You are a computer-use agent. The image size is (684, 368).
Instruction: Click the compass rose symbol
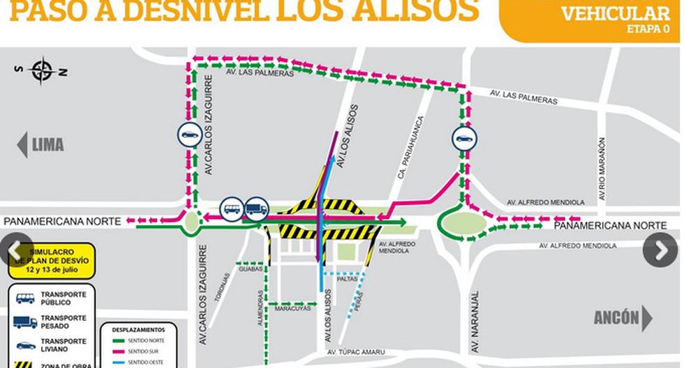(x=43, y=70)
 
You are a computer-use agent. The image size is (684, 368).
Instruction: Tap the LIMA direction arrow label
(x=41, y=144)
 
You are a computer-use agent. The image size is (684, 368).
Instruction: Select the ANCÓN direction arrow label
(x=623, y=319)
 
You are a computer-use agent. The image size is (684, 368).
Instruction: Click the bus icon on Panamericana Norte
(x=231, y=208)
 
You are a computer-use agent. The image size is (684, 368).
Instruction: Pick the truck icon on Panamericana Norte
(x=256, y=208)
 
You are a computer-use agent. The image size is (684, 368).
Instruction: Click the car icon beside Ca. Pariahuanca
(x=463, y=138)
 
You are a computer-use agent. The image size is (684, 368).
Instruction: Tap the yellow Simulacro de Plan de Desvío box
(x=52, y=259)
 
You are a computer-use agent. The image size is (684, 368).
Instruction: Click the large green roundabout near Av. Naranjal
(x=460, y=224)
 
